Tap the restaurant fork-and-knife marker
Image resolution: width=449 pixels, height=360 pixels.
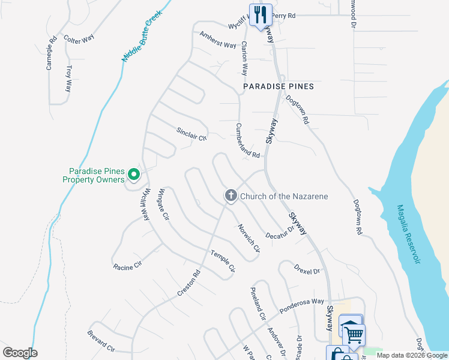[x=260, y=14]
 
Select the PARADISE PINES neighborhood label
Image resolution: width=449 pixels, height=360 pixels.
[x=279, y=86]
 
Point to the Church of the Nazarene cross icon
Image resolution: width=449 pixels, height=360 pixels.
[x=230, y=196]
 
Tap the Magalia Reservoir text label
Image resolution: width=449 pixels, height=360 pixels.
[x=408, y=234]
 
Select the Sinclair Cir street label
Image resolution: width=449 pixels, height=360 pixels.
[x=191, y=133]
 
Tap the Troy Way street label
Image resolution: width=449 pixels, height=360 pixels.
[x=69, y=78]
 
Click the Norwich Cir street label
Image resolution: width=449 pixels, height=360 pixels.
[x=249, y=238]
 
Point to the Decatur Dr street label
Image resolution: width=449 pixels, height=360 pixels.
[x=279, y=231]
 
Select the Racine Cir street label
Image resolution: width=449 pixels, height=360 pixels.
[x=127, y=265]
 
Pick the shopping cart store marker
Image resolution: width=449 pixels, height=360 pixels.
[x=354, y=334]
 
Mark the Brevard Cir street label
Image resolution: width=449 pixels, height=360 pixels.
[x=101, y=340]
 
